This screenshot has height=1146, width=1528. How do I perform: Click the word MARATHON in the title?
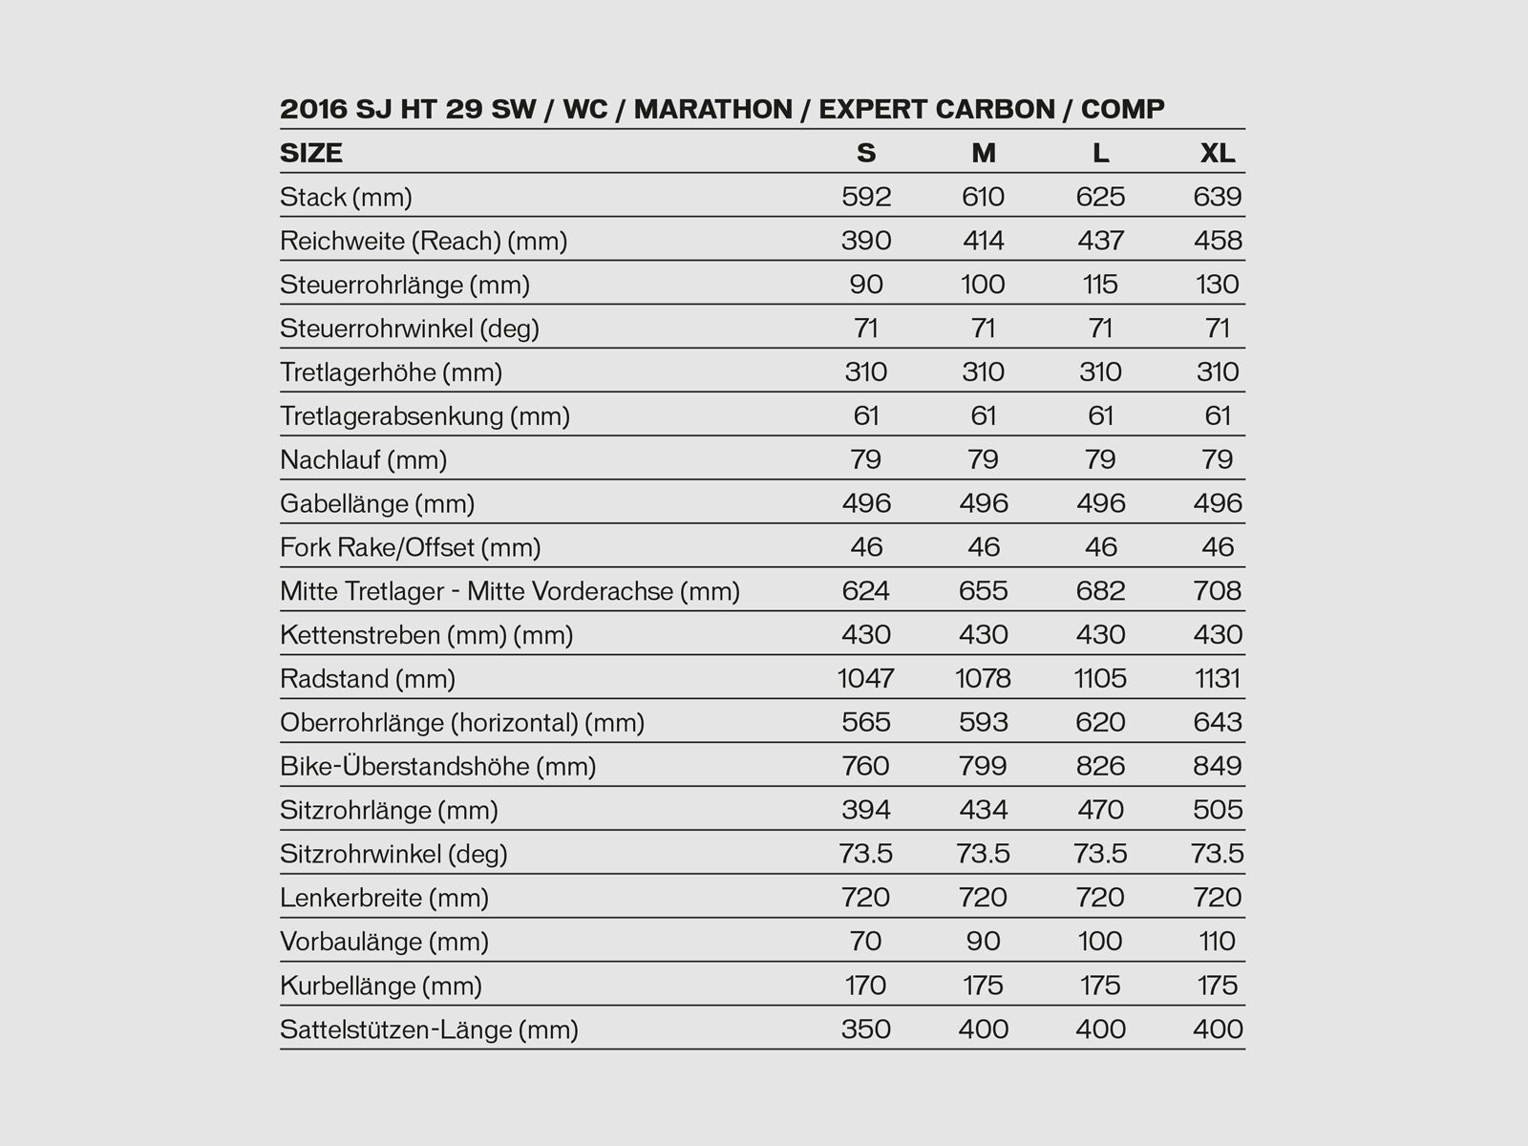tap(712, 109)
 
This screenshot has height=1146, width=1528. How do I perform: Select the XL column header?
tap(1218, 153)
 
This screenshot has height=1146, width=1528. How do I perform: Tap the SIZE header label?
tap(311, 153)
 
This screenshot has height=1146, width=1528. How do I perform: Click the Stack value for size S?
tap(866, 197)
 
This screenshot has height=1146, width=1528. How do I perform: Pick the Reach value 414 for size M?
tap(984, 241)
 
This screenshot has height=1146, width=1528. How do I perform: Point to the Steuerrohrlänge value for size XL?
tap(1218, 285)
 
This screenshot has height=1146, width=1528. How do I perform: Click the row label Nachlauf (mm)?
tap(364, 460)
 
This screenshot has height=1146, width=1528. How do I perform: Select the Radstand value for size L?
tap(1101, 679)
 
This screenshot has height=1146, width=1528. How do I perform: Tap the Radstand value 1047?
tap(866, 679)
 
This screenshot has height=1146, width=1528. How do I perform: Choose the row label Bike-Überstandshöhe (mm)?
tap(438, 767)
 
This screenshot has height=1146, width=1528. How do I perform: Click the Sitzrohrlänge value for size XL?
tap(1218, 811)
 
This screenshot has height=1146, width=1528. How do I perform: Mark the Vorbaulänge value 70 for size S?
tap(866, 942)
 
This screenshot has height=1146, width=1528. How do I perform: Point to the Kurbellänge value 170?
tap(866, 986)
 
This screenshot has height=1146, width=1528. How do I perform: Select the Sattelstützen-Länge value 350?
tap(866, 1029)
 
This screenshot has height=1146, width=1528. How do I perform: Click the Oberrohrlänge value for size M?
tap(984, 723)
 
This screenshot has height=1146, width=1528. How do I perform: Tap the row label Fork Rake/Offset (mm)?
tap(411, 548)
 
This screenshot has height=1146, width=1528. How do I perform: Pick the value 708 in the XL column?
tap(1218, 591)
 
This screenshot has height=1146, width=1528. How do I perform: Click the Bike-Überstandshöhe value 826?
tap(1101, 767)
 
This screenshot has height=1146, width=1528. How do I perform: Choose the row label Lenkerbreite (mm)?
tap(385, 899)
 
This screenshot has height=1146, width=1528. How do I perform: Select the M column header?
tap(984, 153)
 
